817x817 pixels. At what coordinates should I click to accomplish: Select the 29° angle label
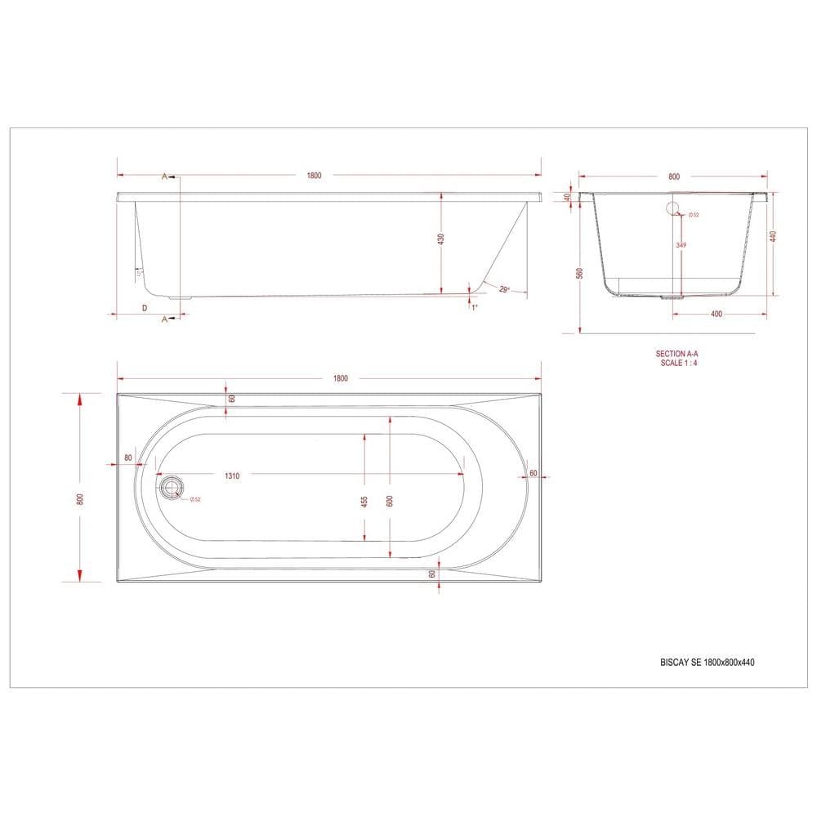pos(503,289)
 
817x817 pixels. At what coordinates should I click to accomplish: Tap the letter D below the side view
pos(145,307)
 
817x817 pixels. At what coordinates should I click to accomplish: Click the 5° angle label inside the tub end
pos(140,272)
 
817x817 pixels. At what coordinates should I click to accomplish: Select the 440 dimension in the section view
pos(772,237)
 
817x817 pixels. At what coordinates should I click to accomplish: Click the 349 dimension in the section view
pos(680,245)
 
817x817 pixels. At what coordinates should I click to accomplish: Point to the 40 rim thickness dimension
pos(566,197)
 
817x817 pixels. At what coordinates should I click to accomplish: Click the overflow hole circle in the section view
pos(675,208)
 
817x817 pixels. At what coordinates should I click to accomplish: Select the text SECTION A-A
pos(677,354)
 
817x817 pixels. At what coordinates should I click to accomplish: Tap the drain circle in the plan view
pos(171,488)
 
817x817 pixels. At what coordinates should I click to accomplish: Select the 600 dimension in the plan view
pos(390,501)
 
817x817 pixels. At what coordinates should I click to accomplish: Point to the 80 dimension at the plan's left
pos(128,458)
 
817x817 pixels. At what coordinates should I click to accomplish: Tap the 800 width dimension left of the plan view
pos(80,499)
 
